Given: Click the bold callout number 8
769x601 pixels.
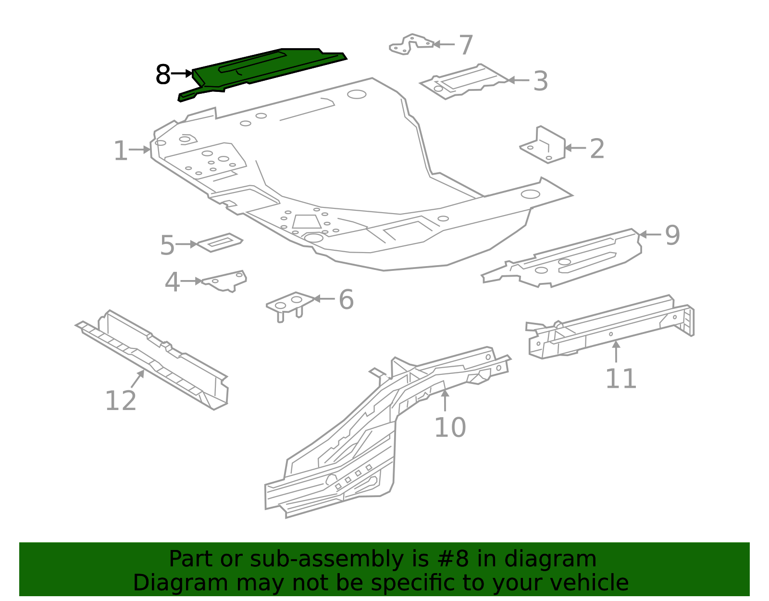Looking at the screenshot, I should tap(163, 75).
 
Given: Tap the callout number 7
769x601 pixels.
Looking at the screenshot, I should tap(466, 46).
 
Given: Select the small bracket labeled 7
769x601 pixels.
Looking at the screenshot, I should tap(411, 44).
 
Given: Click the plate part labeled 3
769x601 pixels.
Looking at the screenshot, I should tap(464, 81).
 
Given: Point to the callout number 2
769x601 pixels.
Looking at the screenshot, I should tap(596, 149).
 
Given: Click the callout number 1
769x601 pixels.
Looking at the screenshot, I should tap(120, 152).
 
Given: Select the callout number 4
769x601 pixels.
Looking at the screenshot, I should tap(172, 283).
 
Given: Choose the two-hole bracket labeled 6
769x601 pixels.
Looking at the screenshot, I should tap(290, 303).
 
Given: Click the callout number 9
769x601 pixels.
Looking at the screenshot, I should tap(672, 236).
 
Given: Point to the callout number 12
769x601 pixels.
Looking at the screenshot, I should tap(120, 401).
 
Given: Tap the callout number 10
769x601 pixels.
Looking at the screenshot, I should tap(450, 428).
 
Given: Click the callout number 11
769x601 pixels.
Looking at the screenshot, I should tap(620, 379).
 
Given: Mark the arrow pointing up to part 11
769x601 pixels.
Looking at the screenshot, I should tap(616, 351).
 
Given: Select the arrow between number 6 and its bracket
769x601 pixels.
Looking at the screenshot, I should tap(324, 299).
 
